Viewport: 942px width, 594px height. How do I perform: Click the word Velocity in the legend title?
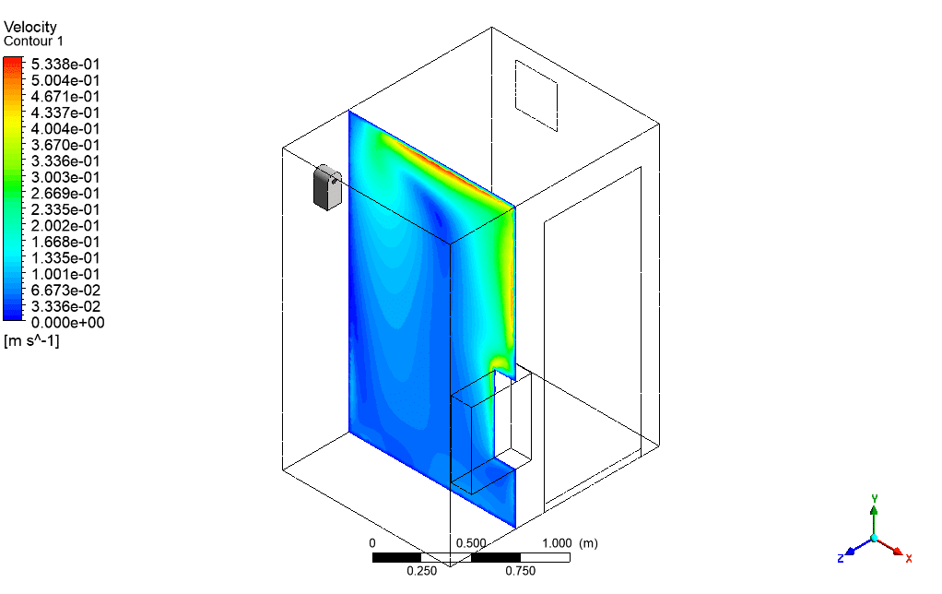point(30,27)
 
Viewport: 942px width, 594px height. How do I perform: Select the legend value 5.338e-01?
point(65,65)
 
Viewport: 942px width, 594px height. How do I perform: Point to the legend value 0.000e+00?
point(68,323)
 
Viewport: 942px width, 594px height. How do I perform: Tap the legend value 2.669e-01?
point(65,194)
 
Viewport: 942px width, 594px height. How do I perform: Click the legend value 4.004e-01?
point(65,129)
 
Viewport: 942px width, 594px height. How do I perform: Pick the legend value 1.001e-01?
point(65,274)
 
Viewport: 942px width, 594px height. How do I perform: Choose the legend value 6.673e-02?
point(65,291)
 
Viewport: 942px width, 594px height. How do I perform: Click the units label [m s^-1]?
point(31,341)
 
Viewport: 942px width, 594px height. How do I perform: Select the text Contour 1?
point(33,42)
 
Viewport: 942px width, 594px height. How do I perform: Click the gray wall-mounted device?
point(327,187)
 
